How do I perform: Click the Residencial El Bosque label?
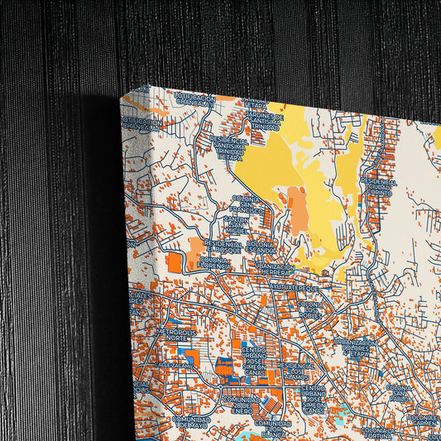[x=223, y=247]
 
